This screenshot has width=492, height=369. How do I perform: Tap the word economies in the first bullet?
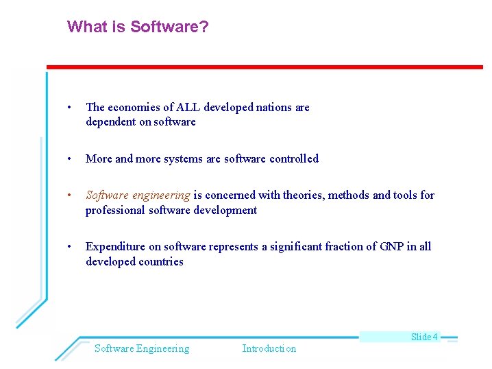pyautogui.click(x=132, y=107)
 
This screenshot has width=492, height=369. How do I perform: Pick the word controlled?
pyautogui.click(x=293, y=158)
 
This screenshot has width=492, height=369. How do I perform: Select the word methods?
pyautogui.click(x=350, y=195)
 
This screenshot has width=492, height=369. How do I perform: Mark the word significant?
pyautogui.click(x=296, y=247)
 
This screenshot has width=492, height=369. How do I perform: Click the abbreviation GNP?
pyautogui.click(x=391, y=247)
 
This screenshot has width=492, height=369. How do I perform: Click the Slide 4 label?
pyautogui.click(x=424, y=337)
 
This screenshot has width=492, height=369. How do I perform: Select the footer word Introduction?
pyautogui.click(x=269, y=348)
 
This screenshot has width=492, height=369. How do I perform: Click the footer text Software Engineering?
pyautogui.click(x=142, y=348)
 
